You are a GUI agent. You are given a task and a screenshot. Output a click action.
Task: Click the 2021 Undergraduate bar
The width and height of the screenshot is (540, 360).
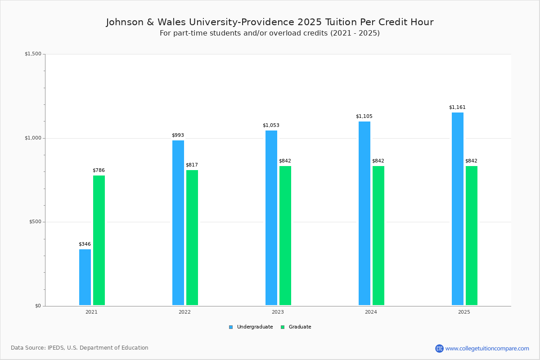85,277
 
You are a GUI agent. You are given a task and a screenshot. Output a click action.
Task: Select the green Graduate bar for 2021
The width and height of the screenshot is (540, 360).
99,240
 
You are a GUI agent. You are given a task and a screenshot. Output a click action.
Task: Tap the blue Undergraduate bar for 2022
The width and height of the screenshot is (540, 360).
178,223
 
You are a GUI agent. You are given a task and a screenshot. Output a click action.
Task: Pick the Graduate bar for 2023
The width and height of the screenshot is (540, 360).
285,235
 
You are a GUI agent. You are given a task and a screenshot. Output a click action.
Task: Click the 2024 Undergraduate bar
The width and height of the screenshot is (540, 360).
364,213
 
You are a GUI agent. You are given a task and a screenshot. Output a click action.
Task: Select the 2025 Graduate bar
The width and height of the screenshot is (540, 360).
472,235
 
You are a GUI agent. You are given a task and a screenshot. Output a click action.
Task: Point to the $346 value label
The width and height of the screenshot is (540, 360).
85,244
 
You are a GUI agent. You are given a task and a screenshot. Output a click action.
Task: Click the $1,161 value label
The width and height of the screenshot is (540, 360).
457,108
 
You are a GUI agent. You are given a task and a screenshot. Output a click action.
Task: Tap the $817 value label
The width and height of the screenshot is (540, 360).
192,165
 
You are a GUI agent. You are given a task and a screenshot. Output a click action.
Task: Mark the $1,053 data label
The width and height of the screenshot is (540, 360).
271,126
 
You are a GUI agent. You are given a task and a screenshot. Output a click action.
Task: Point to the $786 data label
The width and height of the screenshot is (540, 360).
99,171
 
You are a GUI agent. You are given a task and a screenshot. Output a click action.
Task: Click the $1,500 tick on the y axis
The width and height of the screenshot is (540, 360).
33,54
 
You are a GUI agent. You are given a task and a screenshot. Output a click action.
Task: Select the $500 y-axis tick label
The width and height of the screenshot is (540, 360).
35,222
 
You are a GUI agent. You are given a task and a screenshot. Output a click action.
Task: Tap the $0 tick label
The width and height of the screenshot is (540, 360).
38,306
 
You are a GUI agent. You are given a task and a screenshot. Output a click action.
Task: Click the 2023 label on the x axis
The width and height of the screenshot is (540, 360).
278,312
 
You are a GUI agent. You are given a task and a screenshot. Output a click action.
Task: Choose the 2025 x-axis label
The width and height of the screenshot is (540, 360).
464,312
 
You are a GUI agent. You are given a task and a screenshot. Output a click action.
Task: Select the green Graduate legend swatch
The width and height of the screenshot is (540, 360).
283,327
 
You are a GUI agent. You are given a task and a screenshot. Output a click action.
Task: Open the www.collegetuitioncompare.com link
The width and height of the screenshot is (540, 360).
487,348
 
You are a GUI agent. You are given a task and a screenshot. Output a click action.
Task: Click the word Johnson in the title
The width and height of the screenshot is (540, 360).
124,22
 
